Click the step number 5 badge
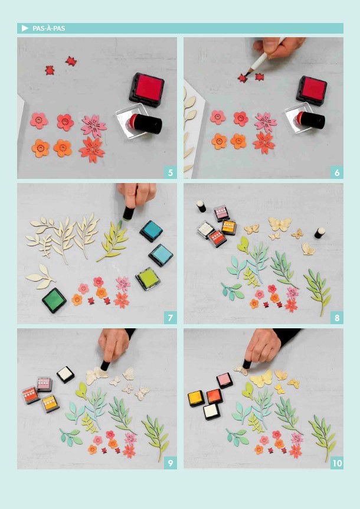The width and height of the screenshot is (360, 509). click(171, 172)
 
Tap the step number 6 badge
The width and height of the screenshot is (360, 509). click(337, 172)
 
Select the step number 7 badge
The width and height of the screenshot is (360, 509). click(171, 318)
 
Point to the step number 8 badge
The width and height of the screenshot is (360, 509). click(337, 318)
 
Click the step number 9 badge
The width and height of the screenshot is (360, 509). click(171, 462)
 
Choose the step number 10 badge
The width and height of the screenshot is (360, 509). click(337, 462)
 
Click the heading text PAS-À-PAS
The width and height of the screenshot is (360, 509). click(48, 28)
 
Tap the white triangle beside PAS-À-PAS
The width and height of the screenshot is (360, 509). click(25, 28)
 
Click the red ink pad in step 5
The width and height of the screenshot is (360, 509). click(147, 90)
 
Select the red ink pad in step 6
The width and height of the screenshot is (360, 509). click(312, 90)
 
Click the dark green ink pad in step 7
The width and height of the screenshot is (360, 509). click(54, 300)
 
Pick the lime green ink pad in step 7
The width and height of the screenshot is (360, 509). click(148, 279)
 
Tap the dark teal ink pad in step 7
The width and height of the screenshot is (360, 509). click(152, 231)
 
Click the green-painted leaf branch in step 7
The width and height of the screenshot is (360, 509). click(113, 241)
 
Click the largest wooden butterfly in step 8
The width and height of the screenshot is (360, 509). click(280, 224)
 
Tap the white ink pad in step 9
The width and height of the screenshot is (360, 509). click(66, 374)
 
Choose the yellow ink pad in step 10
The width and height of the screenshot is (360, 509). click(196, 399)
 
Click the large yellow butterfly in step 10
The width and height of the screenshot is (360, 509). click(261, 379)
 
